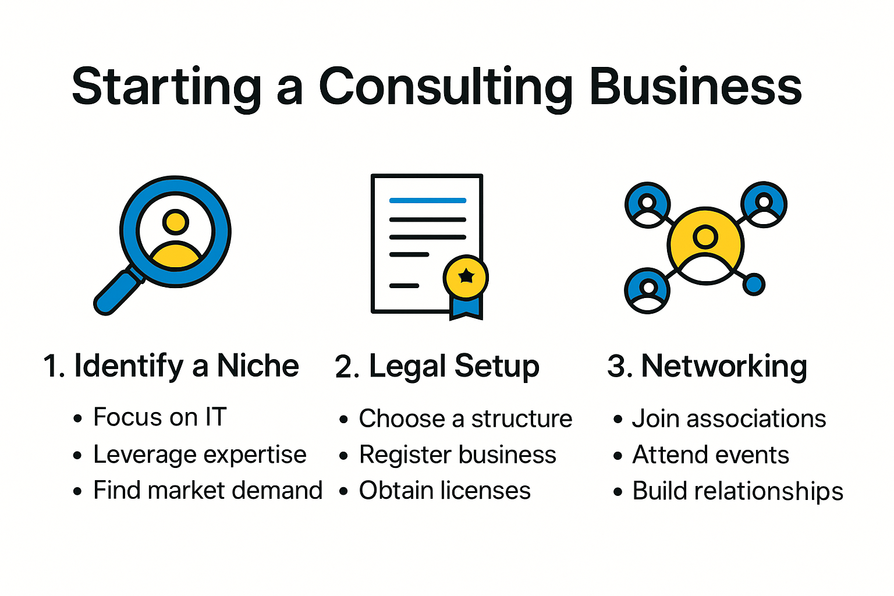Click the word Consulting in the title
446,87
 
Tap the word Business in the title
696,87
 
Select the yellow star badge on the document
466,276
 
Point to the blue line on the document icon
427,200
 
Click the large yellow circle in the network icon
705,244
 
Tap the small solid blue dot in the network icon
754,285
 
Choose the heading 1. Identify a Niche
171,366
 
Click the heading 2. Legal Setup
437,367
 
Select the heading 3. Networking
707,367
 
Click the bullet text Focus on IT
159,417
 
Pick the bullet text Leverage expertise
200,455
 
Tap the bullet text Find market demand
208,491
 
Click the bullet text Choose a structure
465,418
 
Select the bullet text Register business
457,455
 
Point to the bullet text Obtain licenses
445,491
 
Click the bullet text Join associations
729,418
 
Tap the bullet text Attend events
711,455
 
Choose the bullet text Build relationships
737,491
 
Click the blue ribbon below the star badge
466,307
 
